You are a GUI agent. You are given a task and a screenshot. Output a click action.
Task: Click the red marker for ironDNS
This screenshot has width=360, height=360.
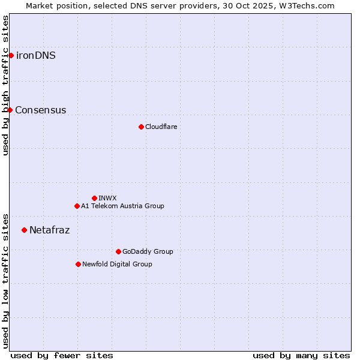(11, 56)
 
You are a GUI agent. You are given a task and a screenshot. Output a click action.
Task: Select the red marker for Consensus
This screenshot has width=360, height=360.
(10, 110)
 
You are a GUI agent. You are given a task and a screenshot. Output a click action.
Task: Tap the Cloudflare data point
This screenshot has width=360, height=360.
(141, 127)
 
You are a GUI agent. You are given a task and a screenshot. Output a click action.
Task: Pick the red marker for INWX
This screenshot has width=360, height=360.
(94, 198)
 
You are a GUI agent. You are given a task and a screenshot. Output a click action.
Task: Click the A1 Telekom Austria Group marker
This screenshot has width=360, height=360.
(77, 206)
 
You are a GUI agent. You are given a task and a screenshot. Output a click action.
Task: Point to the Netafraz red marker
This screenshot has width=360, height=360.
(24, 230)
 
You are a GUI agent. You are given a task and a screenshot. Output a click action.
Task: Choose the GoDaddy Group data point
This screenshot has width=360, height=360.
(118, 251)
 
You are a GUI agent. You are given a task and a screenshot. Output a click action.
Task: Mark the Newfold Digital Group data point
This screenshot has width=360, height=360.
(78, 264)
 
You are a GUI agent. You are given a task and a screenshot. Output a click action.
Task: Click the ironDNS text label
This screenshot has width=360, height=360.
(36, 56)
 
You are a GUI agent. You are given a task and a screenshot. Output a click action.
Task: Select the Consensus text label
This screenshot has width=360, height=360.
(41, 110)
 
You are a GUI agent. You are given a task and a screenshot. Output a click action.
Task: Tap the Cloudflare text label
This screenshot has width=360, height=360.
(161, 127)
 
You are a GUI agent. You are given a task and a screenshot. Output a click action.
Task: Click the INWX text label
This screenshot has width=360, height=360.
(107, 198)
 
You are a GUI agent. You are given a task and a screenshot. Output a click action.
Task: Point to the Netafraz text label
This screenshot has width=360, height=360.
(50, 230)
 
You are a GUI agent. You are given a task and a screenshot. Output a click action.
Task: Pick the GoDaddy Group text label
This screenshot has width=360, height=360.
(148, 251)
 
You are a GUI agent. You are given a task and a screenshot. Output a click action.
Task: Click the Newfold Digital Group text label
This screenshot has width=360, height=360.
(117, 264)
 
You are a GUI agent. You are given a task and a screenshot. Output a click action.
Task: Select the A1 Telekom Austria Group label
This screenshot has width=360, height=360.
(122, 206)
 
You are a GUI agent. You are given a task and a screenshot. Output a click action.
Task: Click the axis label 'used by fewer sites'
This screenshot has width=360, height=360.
(62, 355)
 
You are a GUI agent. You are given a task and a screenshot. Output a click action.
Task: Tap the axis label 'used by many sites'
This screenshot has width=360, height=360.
(301, 355)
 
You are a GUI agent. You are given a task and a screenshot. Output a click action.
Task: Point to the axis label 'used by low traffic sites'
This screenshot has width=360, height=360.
(5, 280)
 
